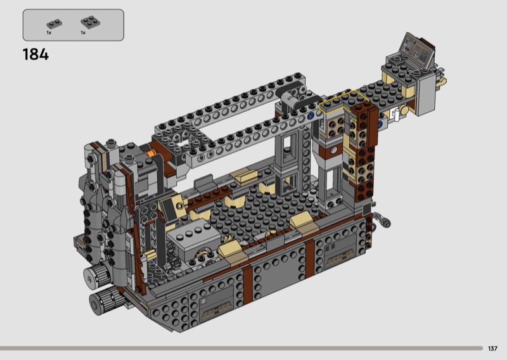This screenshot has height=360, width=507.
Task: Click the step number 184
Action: click(x=35, y=55)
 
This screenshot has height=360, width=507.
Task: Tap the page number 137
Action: click(x=492, y=349)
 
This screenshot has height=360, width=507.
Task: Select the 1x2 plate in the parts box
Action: click(x=55, y=23)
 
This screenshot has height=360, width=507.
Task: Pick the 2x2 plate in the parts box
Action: click(x=90, y=22)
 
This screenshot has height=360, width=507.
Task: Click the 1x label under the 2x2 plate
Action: click(x=83, y=33)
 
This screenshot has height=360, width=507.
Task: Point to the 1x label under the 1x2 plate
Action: click(x=49, y=33)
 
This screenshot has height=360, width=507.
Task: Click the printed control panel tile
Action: click(x=417, y=51)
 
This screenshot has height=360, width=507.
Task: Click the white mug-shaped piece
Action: click(x=395, y=114)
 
